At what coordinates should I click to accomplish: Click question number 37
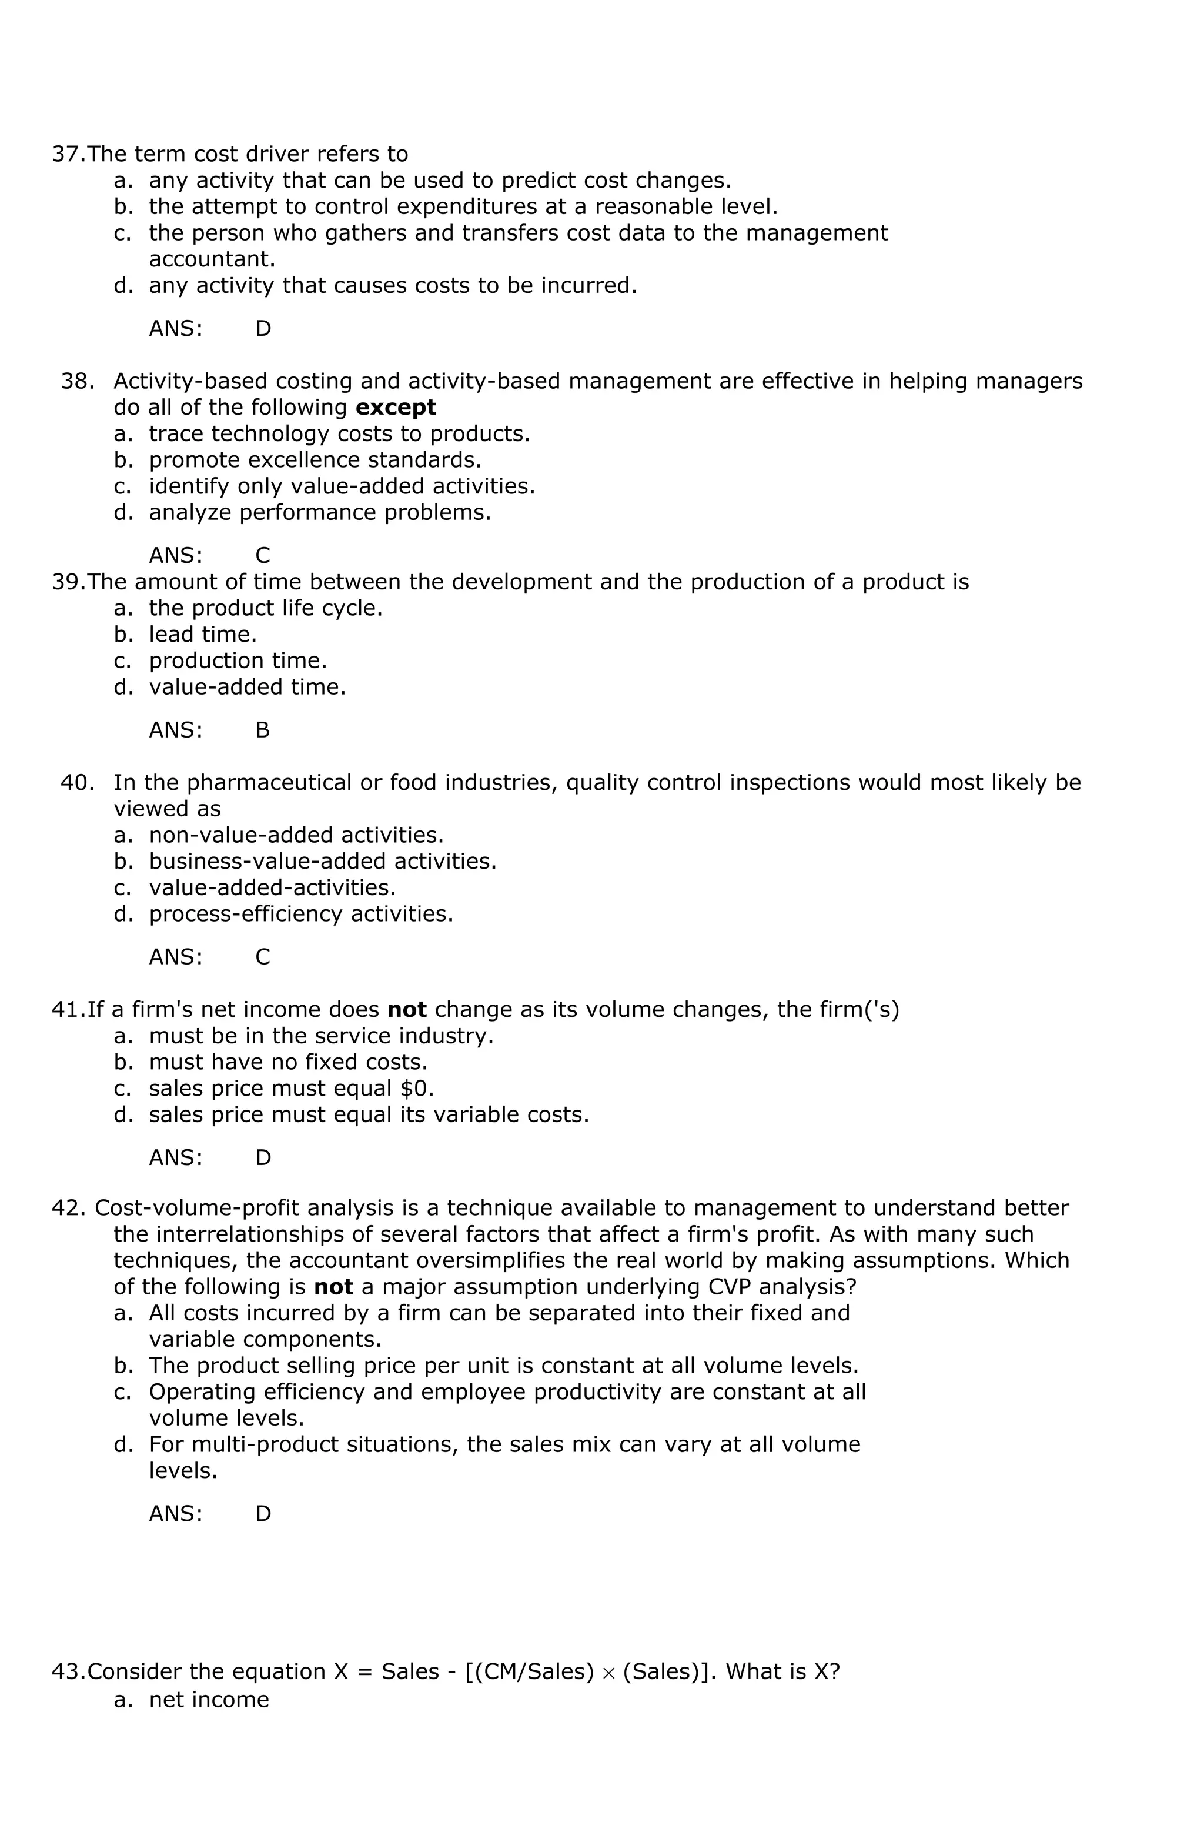click(x=68, y=154)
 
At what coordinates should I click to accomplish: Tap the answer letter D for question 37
click(x=263, y=329)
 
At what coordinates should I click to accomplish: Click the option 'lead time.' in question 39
click(x=203, y=634)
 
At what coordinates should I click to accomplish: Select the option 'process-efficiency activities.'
click(x=301, y=914)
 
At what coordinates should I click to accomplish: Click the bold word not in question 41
click(x=406, y=1009)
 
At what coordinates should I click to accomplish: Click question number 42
click(x=68, y=1208)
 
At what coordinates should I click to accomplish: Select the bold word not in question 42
click(x=333, y=1286)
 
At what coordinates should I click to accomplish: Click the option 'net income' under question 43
click(x=209, y=1699)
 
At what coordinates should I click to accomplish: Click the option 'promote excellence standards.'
click(x=315, y=460)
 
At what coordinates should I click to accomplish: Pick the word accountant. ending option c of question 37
click(x=212, y=259)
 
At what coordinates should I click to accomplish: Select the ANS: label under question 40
click(x=176, y=957)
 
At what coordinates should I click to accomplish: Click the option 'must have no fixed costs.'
click(x=288, y=1062)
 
